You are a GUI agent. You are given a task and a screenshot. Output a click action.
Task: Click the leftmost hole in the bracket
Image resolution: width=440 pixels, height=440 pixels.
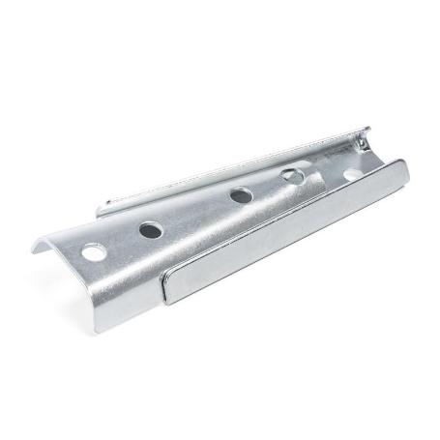pyautogui.click(x=94, y=252)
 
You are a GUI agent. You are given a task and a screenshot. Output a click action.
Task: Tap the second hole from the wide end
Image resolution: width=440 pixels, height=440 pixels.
pyautogui.click(x=151, y=230)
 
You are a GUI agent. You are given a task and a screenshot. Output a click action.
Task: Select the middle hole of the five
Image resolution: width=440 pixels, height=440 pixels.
pyautogui.click(x=241, y=195)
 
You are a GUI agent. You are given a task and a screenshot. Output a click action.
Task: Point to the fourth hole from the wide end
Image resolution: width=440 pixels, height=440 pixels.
pyautogui.click(x=290, y=176)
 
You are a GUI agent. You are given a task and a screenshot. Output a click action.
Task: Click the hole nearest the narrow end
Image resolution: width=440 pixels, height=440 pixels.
pyautogui.click(x=350, y=174)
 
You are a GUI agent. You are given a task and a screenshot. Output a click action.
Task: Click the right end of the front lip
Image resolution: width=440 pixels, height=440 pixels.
pyautogui.click(x=403, y=170)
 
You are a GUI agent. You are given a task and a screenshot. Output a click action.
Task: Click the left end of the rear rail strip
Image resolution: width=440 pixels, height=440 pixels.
pyautogui.click(x=102, y=207)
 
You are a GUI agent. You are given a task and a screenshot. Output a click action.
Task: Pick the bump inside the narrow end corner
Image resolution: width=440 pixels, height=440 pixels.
pyautogui.click(x=361, y=144)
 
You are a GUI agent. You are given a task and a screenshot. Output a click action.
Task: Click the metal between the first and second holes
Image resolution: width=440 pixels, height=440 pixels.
pyautogui.click(x=123, y=241)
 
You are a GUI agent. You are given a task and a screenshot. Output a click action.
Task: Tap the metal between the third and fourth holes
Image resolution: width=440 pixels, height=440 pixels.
pyautogui.click(x=266, y=186)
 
